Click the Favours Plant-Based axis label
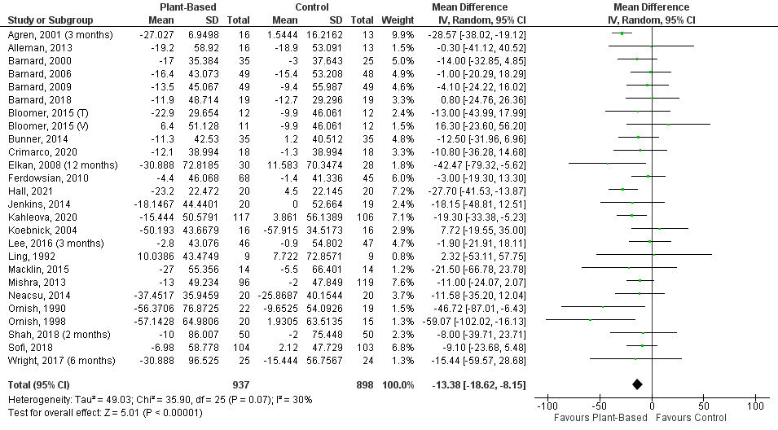[x=592, y=418]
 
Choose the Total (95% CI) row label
[x=37, y=384]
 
